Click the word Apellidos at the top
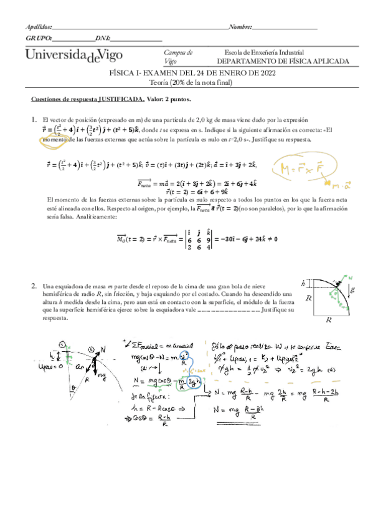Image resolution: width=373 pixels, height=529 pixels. tap(39, 27)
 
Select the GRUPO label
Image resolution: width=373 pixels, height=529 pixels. tap(39, 39)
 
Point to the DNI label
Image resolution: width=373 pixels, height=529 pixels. tap(103, 39)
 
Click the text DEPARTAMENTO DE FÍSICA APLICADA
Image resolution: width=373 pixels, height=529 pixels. tap(283, 62)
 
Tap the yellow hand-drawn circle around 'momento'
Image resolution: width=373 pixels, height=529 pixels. tap(55, 140)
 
